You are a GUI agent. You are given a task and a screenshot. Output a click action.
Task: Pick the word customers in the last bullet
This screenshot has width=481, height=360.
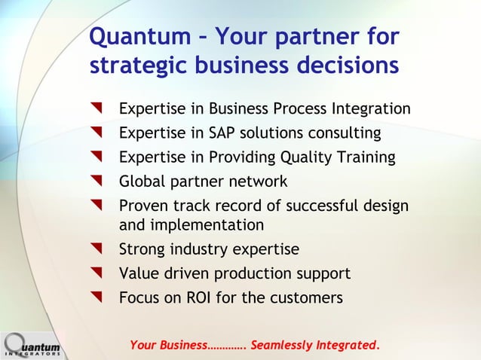[x=305, y=297]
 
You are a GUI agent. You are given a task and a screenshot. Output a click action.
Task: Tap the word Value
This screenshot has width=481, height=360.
[x=139, y=273]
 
